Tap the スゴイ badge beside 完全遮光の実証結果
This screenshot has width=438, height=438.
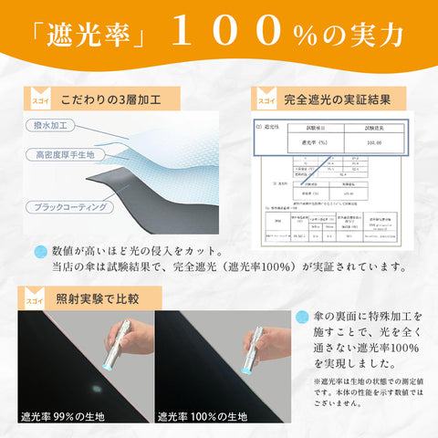[265, 97]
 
